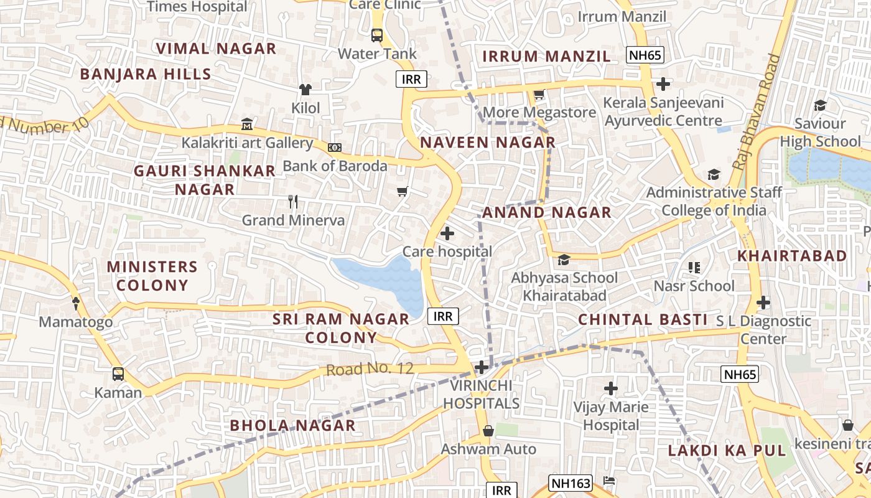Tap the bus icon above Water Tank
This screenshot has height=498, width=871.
click(377, 35)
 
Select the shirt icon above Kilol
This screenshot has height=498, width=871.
click(305, 90)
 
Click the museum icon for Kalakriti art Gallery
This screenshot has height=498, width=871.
click(247, 125)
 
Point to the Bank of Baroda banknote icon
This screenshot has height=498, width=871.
click(335, 148)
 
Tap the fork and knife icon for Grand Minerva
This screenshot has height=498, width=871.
click(294, 202)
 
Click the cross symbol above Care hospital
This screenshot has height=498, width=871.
click(447, 234)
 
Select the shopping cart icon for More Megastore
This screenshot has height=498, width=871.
click(539, 95)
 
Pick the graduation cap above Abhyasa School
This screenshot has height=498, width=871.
click(564, 260)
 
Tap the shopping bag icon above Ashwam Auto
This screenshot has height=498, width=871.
click(488, 431)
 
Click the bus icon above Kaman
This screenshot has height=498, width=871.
click(118, 374)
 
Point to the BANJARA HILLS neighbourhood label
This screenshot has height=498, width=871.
click(146, 74)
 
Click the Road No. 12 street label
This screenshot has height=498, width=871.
click(370, 369)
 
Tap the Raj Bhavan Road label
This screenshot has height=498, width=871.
click(757, 112)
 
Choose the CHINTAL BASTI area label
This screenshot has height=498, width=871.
click(643, 320)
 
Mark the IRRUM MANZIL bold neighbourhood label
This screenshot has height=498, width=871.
click(546, 57)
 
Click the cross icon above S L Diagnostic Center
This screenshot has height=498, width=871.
click(763, 303)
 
